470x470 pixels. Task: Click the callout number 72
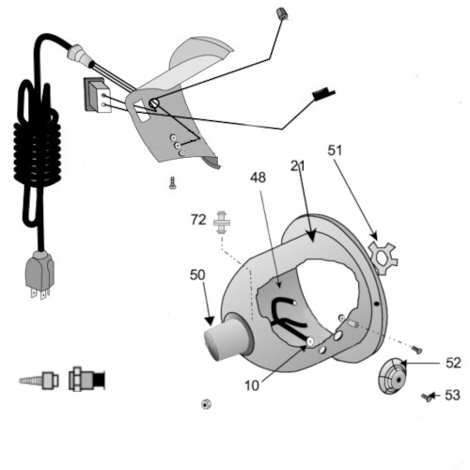point(198,220)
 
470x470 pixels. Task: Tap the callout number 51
point(335,150)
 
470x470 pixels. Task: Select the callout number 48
point(258,178)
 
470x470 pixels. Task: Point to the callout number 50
point(197,275)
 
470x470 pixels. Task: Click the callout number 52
point(453,363)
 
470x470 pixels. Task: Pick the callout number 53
point(453,396)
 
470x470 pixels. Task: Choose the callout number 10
point(252,386)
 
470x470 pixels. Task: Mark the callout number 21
point(297,166)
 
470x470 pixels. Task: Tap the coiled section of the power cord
point(37,150)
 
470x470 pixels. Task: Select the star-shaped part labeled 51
point(383,258)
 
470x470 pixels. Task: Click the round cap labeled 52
point(392,376)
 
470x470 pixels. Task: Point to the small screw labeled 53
point(427,398)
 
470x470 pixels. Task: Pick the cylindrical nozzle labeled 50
point(227,337)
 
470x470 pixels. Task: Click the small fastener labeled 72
point(222,223)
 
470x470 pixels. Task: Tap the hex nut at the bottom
point(206,404)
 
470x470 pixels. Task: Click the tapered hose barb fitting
point(39,380)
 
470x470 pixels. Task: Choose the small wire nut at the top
point(281,14)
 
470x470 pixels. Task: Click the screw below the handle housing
point(172,183)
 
